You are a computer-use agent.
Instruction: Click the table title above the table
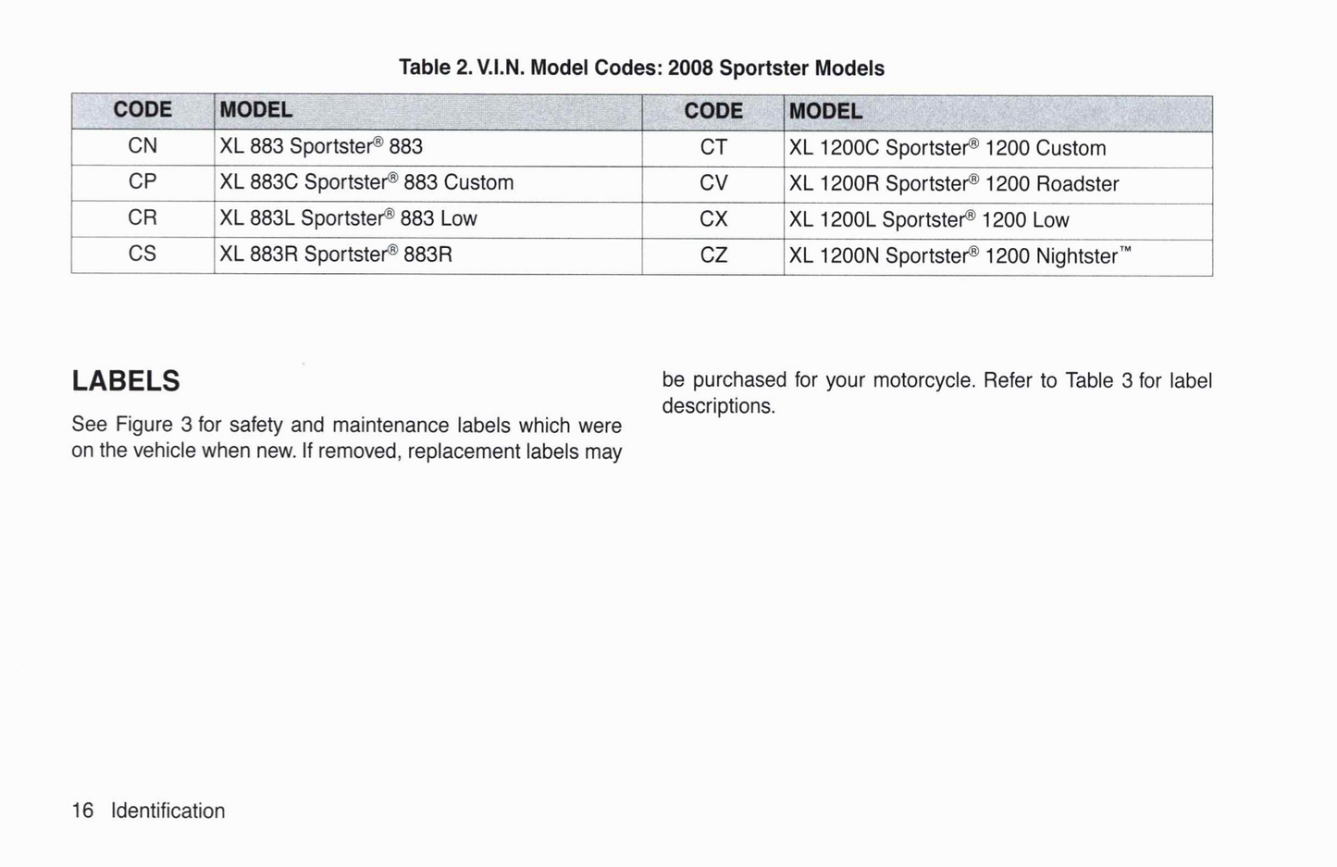(x=641, y=68)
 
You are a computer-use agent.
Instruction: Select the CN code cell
(x=142, y=146)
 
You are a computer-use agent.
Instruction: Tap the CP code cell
(x=142, y=181)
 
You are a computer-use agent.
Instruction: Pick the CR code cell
(x=142, y=217)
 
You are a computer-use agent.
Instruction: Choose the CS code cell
(x=142, y=254)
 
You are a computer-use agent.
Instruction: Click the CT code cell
(x=713, y=147)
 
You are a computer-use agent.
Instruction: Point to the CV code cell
(x=713, y=183)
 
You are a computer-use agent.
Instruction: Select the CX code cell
(x=713, y=219)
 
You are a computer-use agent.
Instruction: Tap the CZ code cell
(x=713, y=255)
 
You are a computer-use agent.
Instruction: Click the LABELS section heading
(x=126, y=381)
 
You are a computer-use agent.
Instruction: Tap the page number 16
(x=82, y=811)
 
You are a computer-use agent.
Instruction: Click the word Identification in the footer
(x=167, y=811)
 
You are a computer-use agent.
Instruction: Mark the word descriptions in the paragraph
(x=718, y=406)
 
